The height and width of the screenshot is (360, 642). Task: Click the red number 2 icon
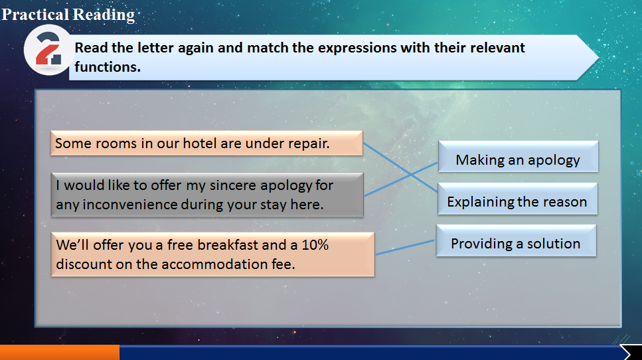pyautogui.click(x=48, y=49)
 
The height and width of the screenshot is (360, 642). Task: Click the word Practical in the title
pyautogui.click(x=35, y=15)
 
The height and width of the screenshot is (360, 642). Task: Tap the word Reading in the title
pyautogui.click(x=104, y=15)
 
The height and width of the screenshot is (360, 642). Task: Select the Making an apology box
pyautogui.click(x=518, y=157)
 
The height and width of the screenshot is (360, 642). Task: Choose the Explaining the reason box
pyautogui.click(x=518, y=199)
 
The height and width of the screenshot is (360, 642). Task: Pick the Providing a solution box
pyautogui.click(x=516, y=240)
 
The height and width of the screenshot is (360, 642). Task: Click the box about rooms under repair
pyautogui.click(x=206, y=143)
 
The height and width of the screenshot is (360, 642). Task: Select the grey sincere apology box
pyautogui.click(x=207, y=195)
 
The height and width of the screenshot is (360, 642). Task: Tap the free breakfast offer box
pyautogui.click(x=212, y=254)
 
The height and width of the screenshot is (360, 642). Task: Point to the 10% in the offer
pyautogui.click(x=315, y=245)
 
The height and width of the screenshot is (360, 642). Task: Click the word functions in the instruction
pyautogui.click(x=108, y=67)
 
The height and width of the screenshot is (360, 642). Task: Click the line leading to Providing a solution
pyautogui.click(x=405, y=247)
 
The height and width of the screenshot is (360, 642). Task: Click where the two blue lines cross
pyautogui.click(x=411, y=175)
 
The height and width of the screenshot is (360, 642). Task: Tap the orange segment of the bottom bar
pyautogui.click(x=60, y=352)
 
